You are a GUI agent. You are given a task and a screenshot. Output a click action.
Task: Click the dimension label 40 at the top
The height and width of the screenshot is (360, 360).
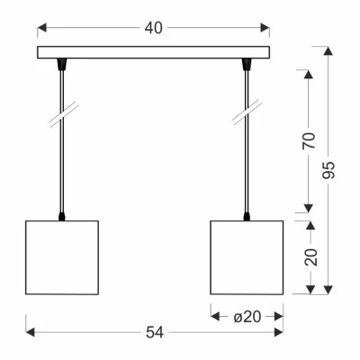pyautogui.click(x=153, y=28)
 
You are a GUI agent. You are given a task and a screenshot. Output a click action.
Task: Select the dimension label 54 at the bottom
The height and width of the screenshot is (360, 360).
pyautogui.click(x=155, y=332)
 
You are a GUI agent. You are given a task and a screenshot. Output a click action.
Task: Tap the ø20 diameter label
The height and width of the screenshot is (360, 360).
pyautogui.click(x=247, y=317)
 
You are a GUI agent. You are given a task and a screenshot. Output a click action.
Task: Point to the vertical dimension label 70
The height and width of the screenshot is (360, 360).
pyautogui.click(x=309, y=140)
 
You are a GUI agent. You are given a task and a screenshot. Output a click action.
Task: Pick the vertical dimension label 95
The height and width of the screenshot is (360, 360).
pyautogui.click(x=328, y=170)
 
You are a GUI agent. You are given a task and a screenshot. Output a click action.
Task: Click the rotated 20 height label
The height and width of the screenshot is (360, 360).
pyautogui.click(x=311, y=257)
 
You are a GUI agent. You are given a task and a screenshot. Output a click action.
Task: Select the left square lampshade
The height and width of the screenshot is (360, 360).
pyautogui.click(x=62, y=257)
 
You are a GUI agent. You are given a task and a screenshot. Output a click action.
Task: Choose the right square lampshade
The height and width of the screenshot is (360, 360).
pyautogui.click(x=247, y=257)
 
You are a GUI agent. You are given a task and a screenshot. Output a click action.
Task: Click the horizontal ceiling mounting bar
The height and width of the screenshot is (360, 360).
pyautogui.click(x=153, y=52)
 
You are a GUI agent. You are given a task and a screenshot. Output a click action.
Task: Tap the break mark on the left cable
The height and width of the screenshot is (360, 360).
pyautogui.click(x=64, y=114)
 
